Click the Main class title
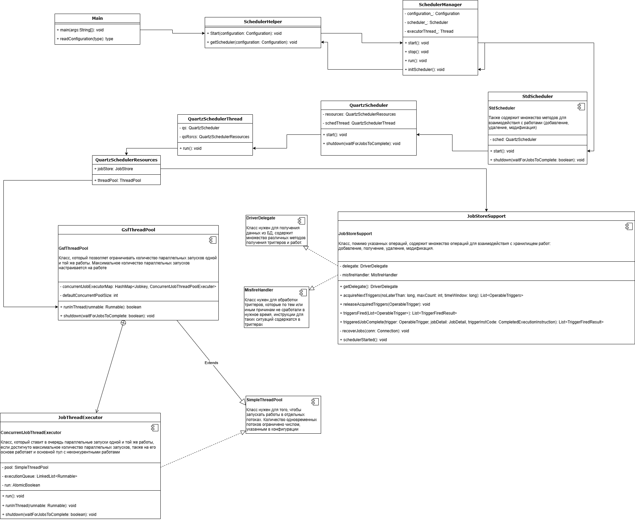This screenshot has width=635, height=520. tap(97, 18)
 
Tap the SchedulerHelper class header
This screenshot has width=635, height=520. tap(263, 22)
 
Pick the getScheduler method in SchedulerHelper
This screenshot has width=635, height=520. tap(252, 42)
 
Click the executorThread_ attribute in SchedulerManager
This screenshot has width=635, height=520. tap(429, 31)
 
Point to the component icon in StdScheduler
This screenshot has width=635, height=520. tap(581, 107)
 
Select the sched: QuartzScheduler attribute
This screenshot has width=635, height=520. tap(513, 140)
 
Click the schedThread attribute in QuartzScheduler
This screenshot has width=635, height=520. tap(359, 123)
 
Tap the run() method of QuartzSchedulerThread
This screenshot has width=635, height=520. tap(190, 148)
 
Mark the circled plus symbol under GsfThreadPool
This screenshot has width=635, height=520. tap(124, 323)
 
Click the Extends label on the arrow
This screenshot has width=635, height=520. tap(211, 363)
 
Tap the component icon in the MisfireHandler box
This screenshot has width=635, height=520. tap(303, 292)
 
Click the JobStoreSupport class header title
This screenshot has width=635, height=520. tap(486, 216)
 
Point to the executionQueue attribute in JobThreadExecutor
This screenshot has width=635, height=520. tap(40, 476)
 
